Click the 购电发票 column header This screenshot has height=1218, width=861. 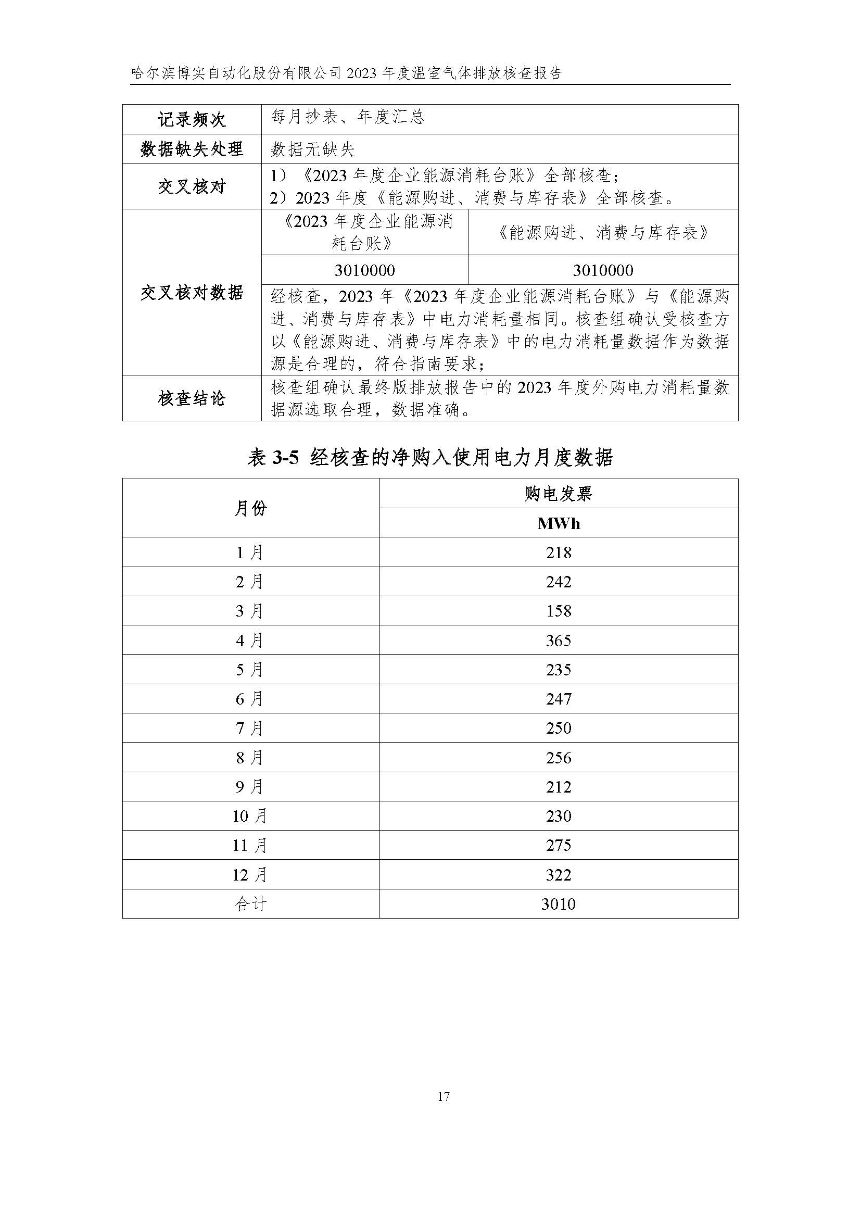pos(558,494)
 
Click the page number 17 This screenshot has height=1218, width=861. pos(443,1096)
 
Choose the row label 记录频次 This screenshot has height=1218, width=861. pos(192,119)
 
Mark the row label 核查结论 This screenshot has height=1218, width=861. pos(192,398)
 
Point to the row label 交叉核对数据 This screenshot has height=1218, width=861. pos(192,292)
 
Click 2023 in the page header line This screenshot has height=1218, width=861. pos(362,73)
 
